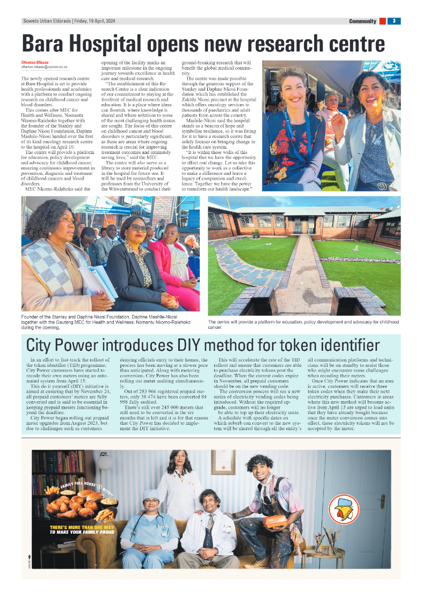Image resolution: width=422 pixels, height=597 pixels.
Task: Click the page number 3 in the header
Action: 394,21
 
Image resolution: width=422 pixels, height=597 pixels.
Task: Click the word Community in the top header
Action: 362,21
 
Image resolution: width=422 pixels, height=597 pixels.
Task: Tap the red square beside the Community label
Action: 382,21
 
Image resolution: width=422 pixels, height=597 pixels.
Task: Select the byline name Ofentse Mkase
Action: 35,62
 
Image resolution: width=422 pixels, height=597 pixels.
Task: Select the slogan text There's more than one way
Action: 81,528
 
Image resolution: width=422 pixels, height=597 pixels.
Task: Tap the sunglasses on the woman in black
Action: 137,227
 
